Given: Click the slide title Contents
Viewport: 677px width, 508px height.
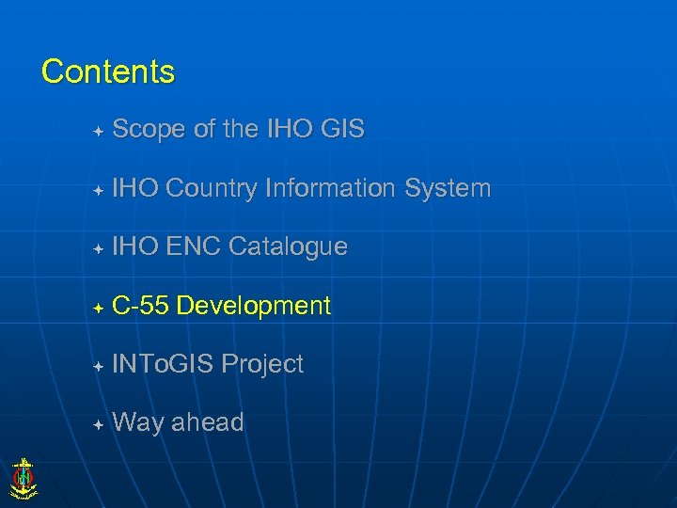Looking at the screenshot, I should pyautogui.click(x=108, y=71).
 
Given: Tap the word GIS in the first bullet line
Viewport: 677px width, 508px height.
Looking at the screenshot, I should pyautogui.click(x=342, y=130).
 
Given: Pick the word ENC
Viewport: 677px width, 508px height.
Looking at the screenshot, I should pyautogui.click(x=194, y=247).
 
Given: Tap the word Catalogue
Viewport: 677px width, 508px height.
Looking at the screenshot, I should pyautogui.click(x=288, y=247).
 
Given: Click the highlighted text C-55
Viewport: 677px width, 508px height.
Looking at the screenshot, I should pyautogui.click(x=140, y=306).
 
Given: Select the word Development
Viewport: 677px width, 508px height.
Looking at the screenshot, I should pyautogui.click(x=253, y=306).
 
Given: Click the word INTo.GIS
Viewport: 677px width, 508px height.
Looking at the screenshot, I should pyautogui.click(x=163, y=365).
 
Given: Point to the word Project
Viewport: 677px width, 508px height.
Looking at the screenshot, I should pyautogui.click(x=262, y=365).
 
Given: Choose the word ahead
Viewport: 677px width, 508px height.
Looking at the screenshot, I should pyautogui.click(x=207, y=423).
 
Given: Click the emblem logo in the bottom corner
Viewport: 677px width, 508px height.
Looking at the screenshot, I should pyautogui.click(x=23, y=477).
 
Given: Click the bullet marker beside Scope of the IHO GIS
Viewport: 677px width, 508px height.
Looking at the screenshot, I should pyautogui.click(x=98, y=131).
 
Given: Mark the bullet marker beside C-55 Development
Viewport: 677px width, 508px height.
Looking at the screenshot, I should pyautogui.click(x=98, y=308).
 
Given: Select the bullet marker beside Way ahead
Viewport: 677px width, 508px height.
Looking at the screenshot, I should pyautogui.click(x=98, y=425).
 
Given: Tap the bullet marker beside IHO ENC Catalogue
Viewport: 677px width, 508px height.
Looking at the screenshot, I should pyautogui.click(x=98, y=249).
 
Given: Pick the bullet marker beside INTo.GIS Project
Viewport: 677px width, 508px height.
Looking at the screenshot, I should pyautogui.click(x=98, y=366).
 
